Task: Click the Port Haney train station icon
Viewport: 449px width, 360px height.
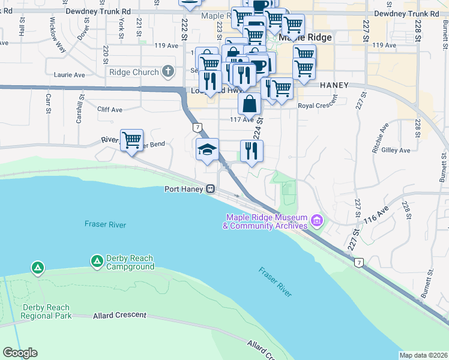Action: click(210, 189)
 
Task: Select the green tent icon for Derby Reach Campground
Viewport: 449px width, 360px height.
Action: click(97, 262)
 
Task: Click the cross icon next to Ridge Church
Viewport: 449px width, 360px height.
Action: click(168, 72)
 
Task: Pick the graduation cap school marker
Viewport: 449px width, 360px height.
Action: click(207, 149)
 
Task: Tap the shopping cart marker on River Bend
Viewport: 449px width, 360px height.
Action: click(131, 140)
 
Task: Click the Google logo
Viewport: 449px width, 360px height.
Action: click(20, 353)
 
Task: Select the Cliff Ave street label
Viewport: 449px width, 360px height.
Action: click(110, 110)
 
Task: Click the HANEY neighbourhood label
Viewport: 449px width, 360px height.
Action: click(334, 85)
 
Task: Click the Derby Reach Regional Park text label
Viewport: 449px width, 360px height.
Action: click(47, 311)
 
